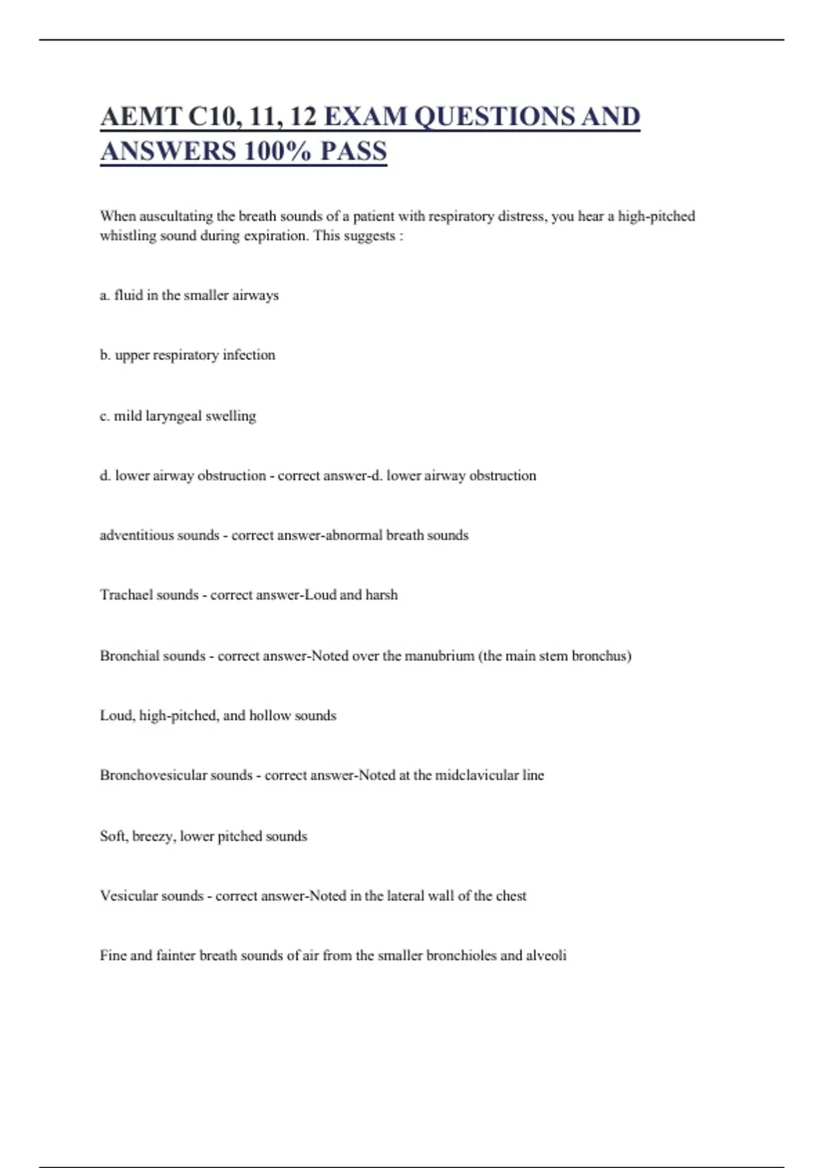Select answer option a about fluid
[189, 295]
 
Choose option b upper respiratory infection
[187, 355]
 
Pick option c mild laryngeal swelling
[178, 416]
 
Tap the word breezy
[152, 836]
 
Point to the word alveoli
[546, 955]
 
